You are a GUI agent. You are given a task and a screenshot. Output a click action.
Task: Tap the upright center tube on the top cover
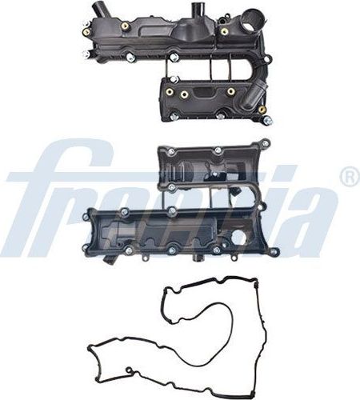[194, 12]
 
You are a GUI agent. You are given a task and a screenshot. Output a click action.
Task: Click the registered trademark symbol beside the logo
[349, 178]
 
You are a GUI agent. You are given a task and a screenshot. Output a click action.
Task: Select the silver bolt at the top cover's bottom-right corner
[268, 121]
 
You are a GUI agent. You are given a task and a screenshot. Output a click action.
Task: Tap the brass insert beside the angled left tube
[126, 26]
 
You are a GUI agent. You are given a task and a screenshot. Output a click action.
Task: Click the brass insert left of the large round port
[225, 31]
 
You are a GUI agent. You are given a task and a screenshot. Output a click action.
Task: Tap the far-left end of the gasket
[87, 346]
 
